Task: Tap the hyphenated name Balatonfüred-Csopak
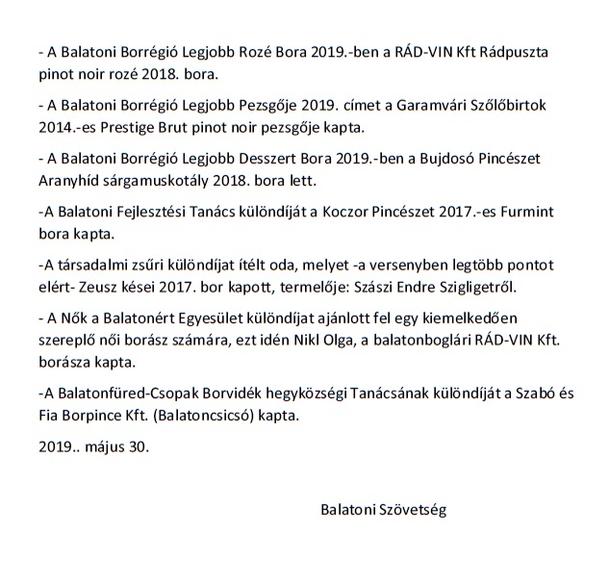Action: coord(120,396)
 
